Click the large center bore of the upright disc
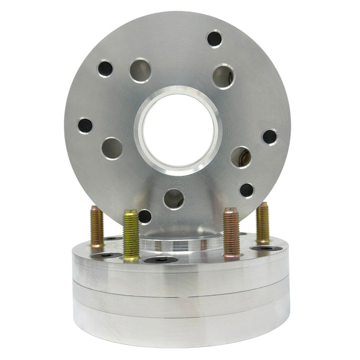178,130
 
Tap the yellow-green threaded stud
131,235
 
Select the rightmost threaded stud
263,223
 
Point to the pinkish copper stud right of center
231,233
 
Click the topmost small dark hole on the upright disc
215,38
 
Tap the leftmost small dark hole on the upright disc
85,125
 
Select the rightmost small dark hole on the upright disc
270,136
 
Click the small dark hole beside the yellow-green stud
145,217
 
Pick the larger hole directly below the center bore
174,198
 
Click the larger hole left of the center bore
112,148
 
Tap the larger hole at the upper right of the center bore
223,77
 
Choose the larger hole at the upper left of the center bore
140,70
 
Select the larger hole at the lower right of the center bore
241,157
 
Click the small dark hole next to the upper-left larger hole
105,68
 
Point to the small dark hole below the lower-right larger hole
246,190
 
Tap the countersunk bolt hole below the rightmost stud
266,248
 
